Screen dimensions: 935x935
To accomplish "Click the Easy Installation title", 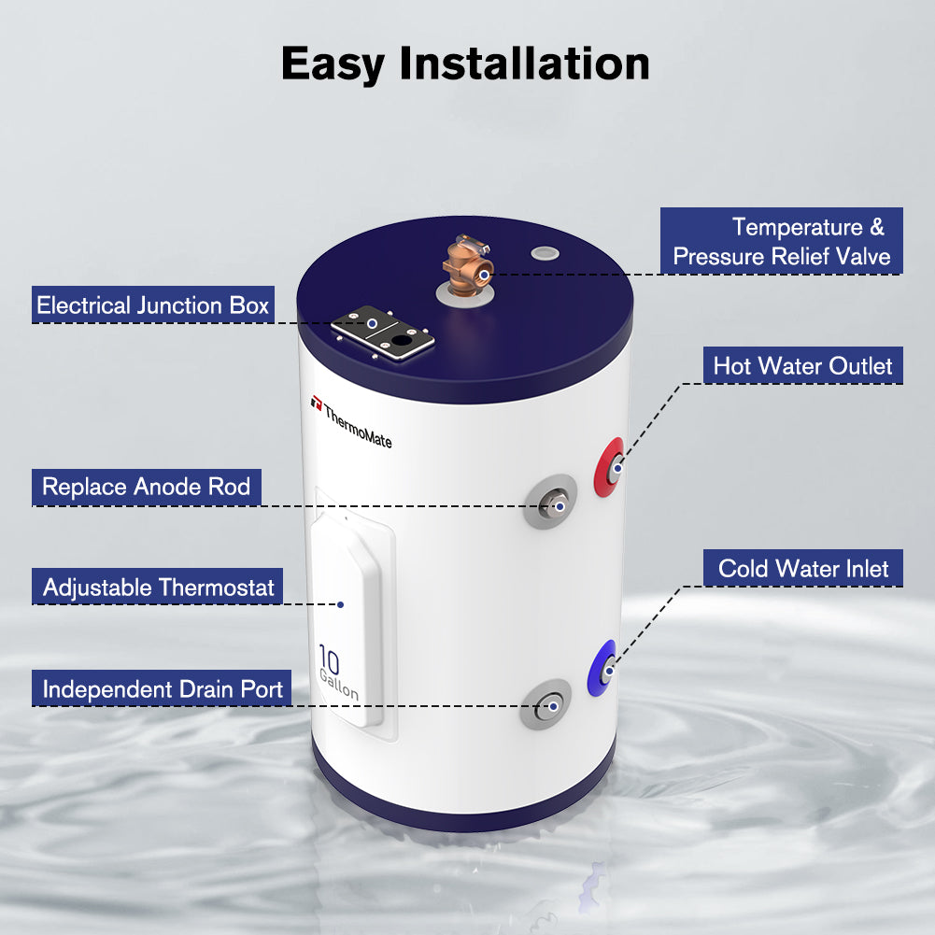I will (x=465, y=64).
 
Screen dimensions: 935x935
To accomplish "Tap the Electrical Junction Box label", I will (x=153, y=305).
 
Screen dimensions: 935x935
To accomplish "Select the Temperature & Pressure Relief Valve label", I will (x=782, y=241).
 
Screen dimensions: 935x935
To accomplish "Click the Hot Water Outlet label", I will (x=803, y=365).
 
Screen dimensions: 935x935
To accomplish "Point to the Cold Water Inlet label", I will (x=803, y=568).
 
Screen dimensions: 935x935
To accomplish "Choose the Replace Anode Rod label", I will (x=147, y=487).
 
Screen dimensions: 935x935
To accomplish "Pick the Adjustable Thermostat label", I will (x=159, y=588).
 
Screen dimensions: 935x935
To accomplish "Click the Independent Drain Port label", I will (x=163, y=690).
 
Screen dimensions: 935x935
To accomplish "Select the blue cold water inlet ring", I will (x=602, y=669).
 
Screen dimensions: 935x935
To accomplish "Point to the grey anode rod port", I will (x=550, y=503).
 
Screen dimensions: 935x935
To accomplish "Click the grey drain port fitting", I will (x=545, y=705).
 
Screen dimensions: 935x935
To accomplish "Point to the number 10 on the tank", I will (x=329, y=659).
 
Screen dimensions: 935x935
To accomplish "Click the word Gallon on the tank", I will (x=338, y=686).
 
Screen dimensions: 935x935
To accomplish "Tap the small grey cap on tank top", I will (x=542, y=253).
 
